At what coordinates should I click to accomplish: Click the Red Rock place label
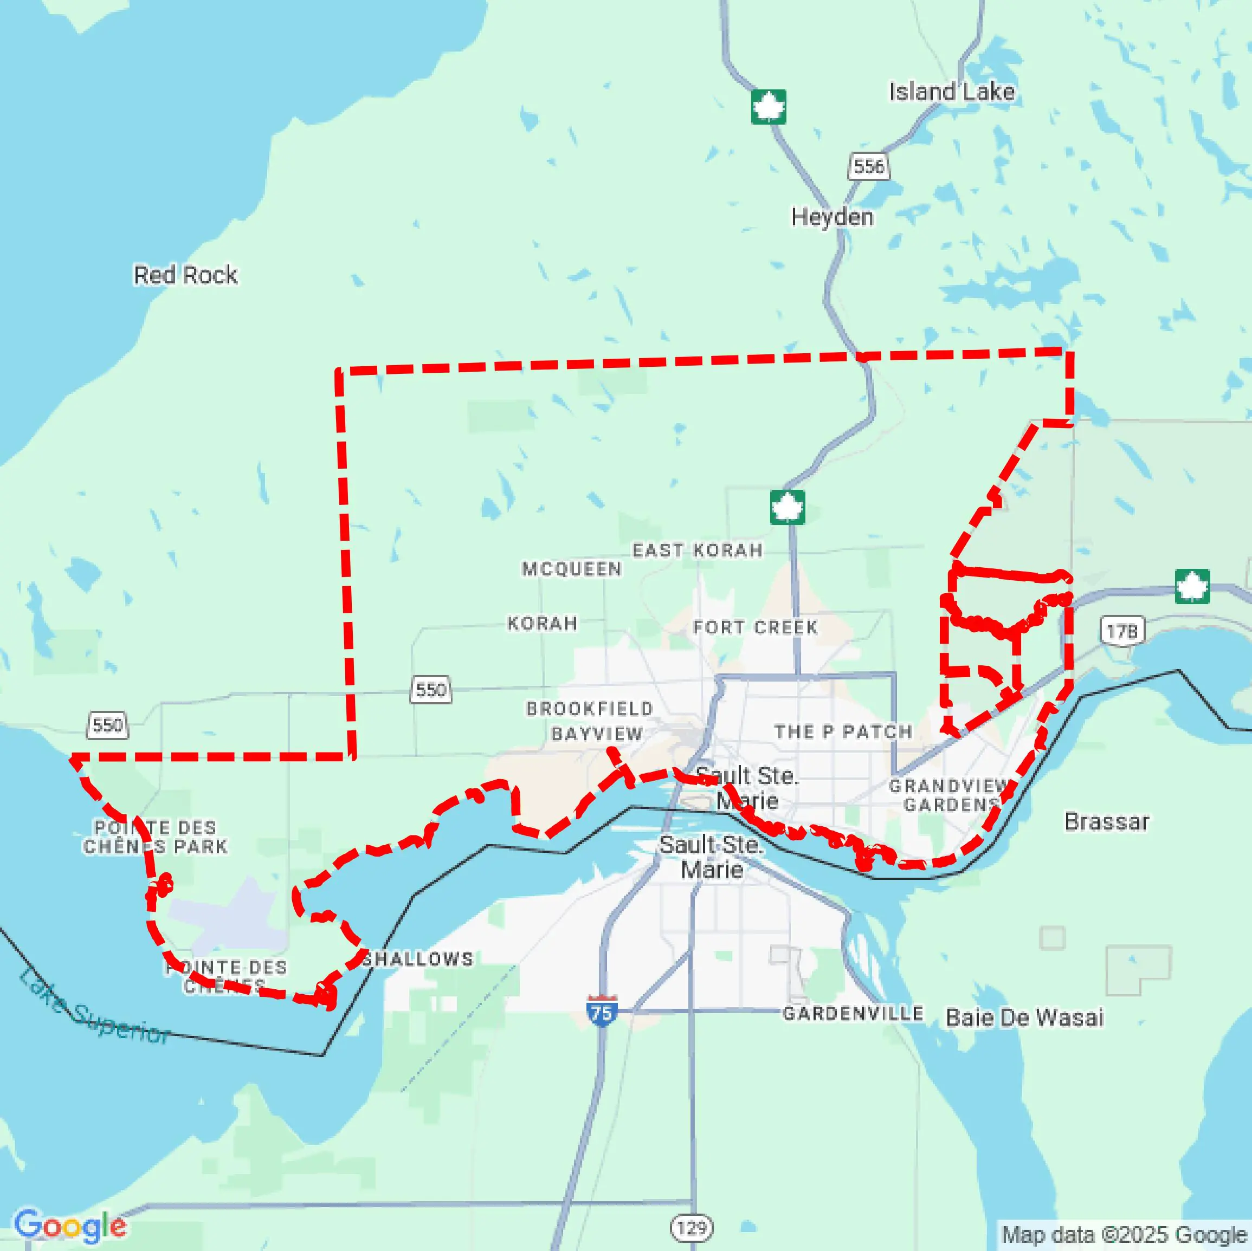(x=185, y=275)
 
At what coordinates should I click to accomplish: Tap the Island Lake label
(x=951, y=92)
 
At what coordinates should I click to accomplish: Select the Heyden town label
(x=831, y=217)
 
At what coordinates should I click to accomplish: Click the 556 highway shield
(x=868, y=166)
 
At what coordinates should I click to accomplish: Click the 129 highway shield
(x=692, y=1227)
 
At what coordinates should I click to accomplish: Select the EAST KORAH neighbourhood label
(x=698, y=550)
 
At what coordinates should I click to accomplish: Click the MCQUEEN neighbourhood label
(x=572, y=569)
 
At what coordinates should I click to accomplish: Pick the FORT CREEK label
(x=755, y=627)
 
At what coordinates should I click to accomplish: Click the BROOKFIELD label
(x=589, y=709)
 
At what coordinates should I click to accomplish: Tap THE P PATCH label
(x=843, y=732)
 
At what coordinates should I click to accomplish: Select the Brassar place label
(x=1106, y=822)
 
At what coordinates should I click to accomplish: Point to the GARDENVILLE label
(x=852, y=1013)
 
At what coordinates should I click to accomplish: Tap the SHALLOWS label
(x=417, y=959)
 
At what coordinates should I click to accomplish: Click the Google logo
(x=70, y=1226)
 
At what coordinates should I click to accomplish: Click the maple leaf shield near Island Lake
(x=769, y=107)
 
